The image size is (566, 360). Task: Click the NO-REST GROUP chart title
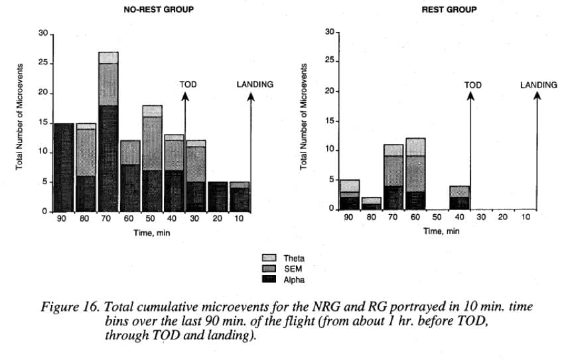[153, 10]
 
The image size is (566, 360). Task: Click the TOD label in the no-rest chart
[188, 85]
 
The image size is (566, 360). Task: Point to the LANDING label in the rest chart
[538, 85]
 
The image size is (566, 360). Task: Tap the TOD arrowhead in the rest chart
[471, 97]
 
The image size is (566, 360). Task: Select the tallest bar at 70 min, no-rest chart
[108, 133]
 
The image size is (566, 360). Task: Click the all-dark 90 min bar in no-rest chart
[64, 166]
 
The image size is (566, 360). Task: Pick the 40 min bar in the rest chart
[459, 198]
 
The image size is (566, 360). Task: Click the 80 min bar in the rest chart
[371, 204]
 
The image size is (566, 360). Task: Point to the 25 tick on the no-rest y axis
[42, 64]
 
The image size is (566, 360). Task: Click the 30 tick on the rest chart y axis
[330, 32]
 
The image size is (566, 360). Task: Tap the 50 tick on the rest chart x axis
[437, 217]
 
